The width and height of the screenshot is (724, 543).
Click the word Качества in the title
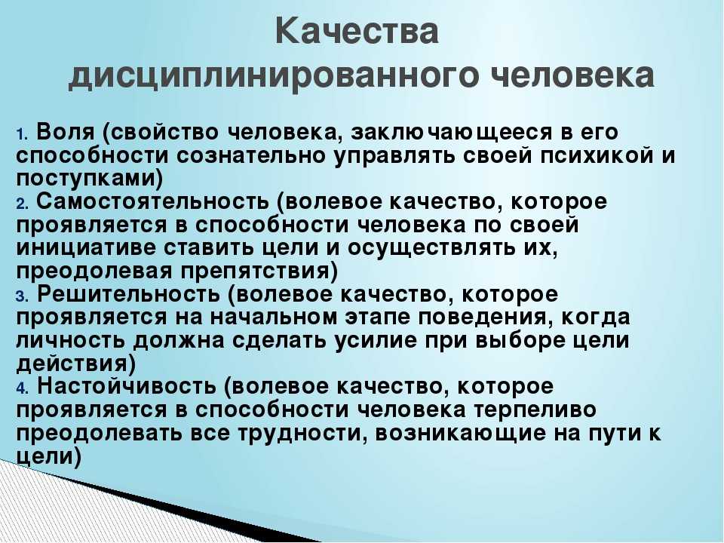357,32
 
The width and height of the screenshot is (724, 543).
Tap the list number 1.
23,134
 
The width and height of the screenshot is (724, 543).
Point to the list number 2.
23,204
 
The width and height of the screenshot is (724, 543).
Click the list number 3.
23,296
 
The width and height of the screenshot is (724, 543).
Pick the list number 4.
23,388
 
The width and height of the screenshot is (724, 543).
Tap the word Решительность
128,294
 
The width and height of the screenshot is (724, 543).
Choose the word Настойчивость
126,386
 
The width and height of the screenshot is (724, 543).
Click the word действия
71,364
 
